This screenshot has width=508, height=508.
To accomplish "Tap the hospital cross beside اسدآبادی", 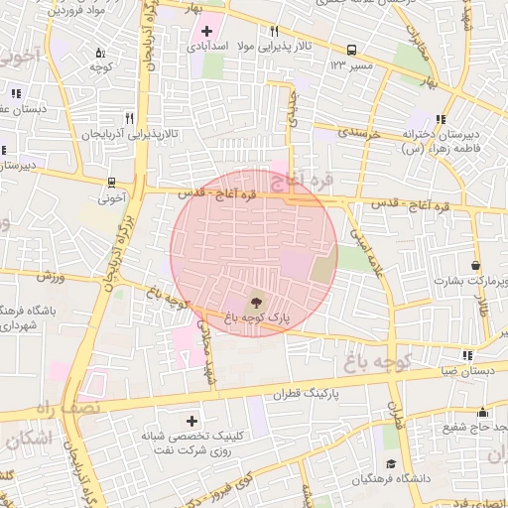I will (206, 31).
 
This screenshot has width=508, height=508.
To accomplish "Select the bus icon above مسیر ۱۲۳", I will (351, 50).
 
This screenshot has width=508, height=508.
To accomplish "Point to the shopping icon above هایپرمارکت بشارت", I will (477, 265).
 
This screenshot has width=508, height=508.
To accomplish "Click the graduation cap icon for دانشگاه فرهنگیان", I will (391, 464).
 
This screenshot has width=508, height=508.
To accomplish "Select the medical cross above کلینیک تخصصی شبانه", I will (191, 421).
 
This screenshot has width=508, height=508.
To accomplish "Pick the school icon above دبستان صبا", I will (466, 355).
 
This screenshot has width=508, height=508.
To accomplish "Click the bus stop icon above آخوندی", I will (111, 183).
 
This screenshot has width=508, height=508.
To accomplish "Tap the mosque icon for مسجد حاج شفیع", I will (483, 412).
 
